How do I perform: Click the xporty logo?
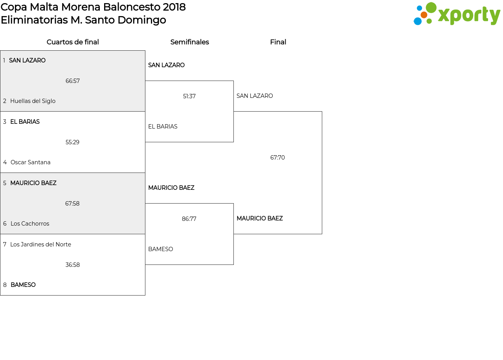(457, 14)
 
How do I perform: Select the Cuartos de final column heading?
(73, 42)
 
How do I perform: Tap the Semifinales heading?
(189, 42)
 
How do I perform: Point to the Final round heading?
(278, 42)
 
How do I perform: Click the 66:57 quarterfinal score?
(73, 81)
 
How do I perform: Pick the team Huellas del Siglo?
(33, 101)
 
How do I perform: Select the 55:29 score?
(73, 142)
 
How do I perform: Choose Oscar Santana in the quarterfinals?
(30, 162)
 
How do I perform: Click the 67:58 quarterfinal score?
(72, 204)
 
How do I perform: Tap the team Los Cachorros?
(30, 224)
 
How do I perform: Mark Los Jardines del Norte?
(40, 244)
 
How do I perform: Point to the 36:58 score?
(73, 265)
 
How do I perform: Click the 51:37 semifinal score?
(189, 96)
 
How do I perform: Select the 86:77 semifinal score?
(189, 219)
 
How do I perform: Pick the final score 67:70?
(277, 158)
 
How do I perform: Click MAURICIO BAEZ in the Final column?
(259, 219)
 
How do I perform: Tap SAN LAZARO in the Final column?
(255, 96)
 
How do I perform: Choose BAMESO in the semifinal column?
(160, 249)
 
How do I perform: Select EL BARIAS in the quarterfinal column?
(25, 122)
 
